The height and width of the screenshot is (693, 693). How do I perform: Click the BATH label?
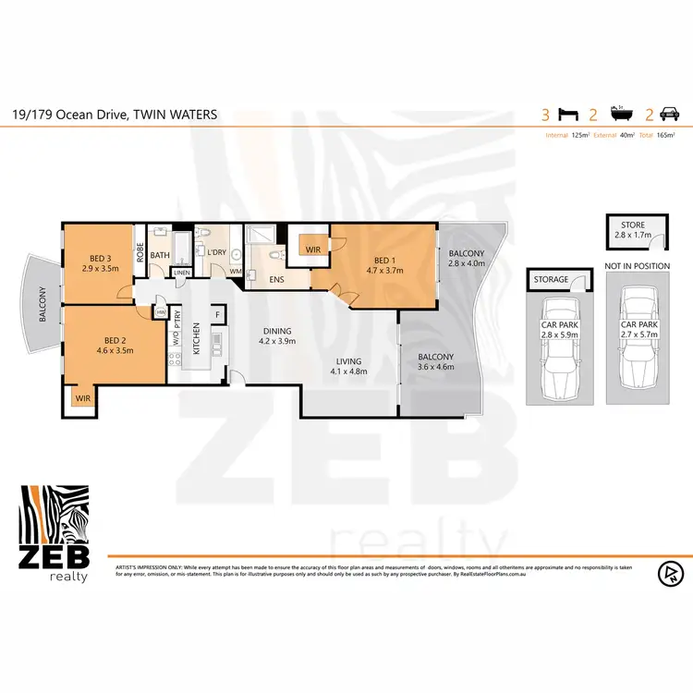(160, 255)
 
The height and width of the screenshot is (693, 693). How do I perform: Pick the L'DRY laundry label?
(217, 253)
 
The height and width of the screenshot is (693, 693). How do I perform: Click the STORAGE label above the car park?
(551, 280)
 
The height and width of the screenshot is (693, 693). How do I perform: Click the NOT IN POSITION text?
(637, 266)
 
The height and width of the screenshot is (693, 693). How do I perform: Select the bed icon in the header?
(570, 116)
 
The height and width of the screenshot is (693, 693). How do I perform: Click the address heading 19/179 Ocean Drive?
(115, 115)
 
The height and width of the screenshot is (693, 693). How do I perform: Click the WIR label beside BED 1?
(311, 249)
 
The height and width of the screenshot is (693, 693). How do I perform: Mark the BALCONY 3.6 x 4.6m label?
(435, 362)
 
